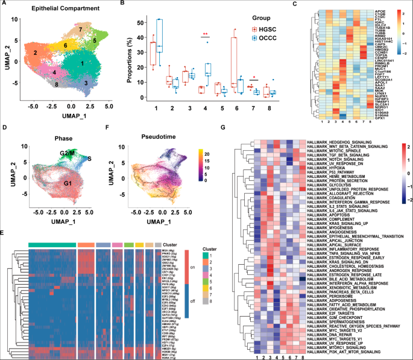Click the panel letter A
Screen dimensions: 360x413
(x=5, y=5)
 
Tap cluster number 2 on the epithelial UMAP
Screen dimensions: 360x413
(x=36, y=53)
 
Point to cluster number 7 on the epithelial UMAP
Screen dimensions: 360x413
(x=81, y=29)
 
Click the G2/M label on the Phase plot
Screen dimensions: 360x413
(x=68, y=139)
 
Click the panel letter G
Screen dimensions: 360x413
(x=224, y=127)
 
